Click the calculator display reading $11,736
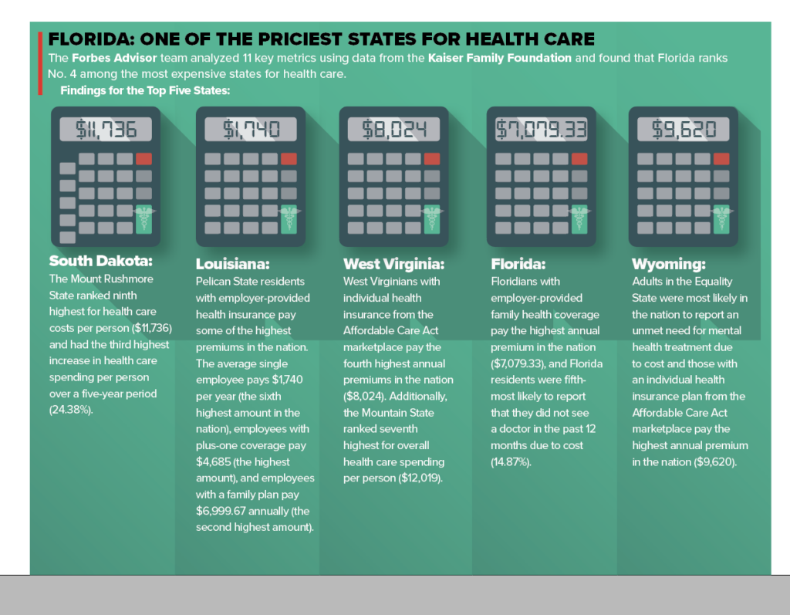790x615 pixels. (106, 130)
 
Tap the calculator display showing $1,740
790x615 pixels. (251, 130)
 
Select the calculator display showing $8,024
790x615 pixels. (393, 130)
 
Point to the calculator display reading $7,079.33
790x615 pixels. (540, 130)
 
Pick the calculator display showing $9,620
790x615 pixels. (684, 130)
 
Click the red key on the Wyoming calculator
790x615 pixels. (721, 159)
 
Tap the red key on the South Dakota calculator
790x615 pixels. (143, 159)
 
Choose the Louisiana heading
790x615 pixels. (232, 264)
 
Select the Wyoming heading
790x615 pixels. (668, 264)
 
